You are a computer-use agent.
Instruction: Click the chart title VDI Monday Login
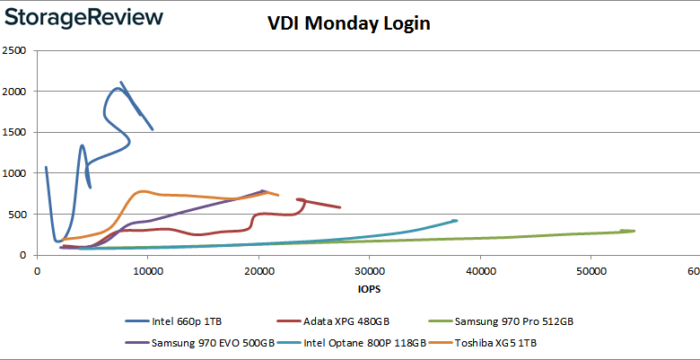[x=349, y=23]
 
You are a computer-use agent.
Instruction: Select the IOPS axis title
[x=368, y=289]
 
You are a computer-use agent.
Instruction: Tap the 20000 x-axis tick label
[x=258, y=270]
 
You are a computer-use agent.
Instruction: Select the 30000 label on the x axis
[x=369, y=270]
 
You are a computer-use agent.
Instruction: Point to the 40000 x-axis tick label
[x=479, y=270]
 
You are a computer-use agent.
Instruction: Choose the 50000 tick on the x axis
[x=590, y=270]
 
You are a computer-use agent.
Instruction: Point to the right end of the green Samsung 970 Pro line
[x=634, y=231]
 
